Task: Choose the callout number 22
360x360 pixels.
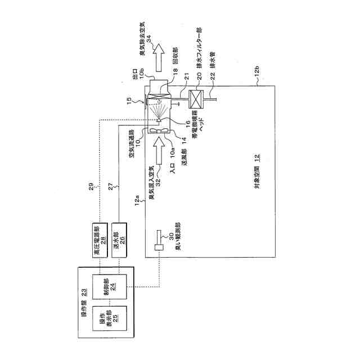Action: pyautogui.click(x=212, y=75)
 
